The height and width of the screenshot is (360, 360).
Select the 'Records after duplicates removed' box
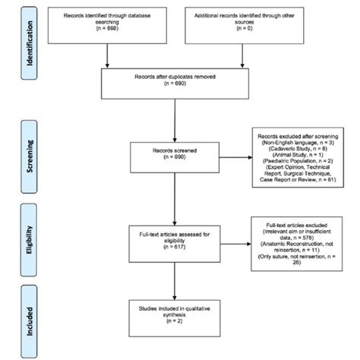click(x=176, y=83)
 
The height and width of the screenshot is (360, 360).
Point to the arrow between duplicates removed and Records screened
click(x=176, y=122)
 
